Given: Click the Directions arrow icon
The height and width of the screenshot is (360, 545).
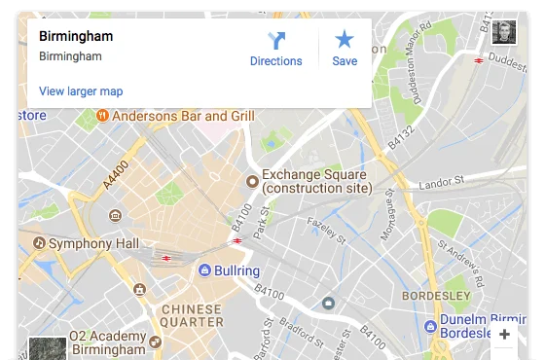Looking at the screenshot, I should pos(276,40).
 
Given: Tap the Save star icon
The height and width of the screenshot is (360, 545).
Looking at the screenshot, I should pos(345,40).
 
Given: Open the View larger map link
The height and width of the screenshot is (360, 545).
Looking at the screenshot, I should pos(81,91).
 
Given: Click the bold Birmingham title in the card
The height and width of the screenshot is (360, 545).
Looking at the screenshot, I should pos(76,37).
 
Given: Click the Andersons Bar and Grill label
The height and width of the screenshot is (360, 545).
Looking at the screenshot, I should pos(183,116).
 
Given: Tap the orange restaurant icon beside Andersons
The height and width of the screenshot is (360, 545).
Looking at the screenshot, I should pos(102,116).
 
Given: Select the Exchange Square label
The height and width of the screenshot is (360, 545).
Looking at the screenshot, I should pos(316,181).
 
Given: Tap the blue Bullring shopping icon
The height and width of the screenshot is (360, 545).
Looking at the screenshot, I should pos(205,270).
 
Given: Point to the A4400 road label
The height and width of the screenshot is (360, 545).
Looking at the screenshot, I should pos(116,175).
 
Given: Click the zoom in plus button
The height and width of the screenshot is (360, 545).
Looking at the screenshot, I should pos(503,336).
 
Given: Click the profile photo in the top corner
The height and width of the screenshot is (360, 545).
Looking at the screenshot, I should pos(503,33).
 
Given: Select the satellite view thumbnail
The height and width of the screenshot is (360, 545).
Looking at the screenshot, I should pos(47,348).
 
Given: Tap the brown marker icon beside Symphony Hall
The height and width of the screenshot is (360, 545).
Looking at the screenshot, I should pos(39,242).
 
